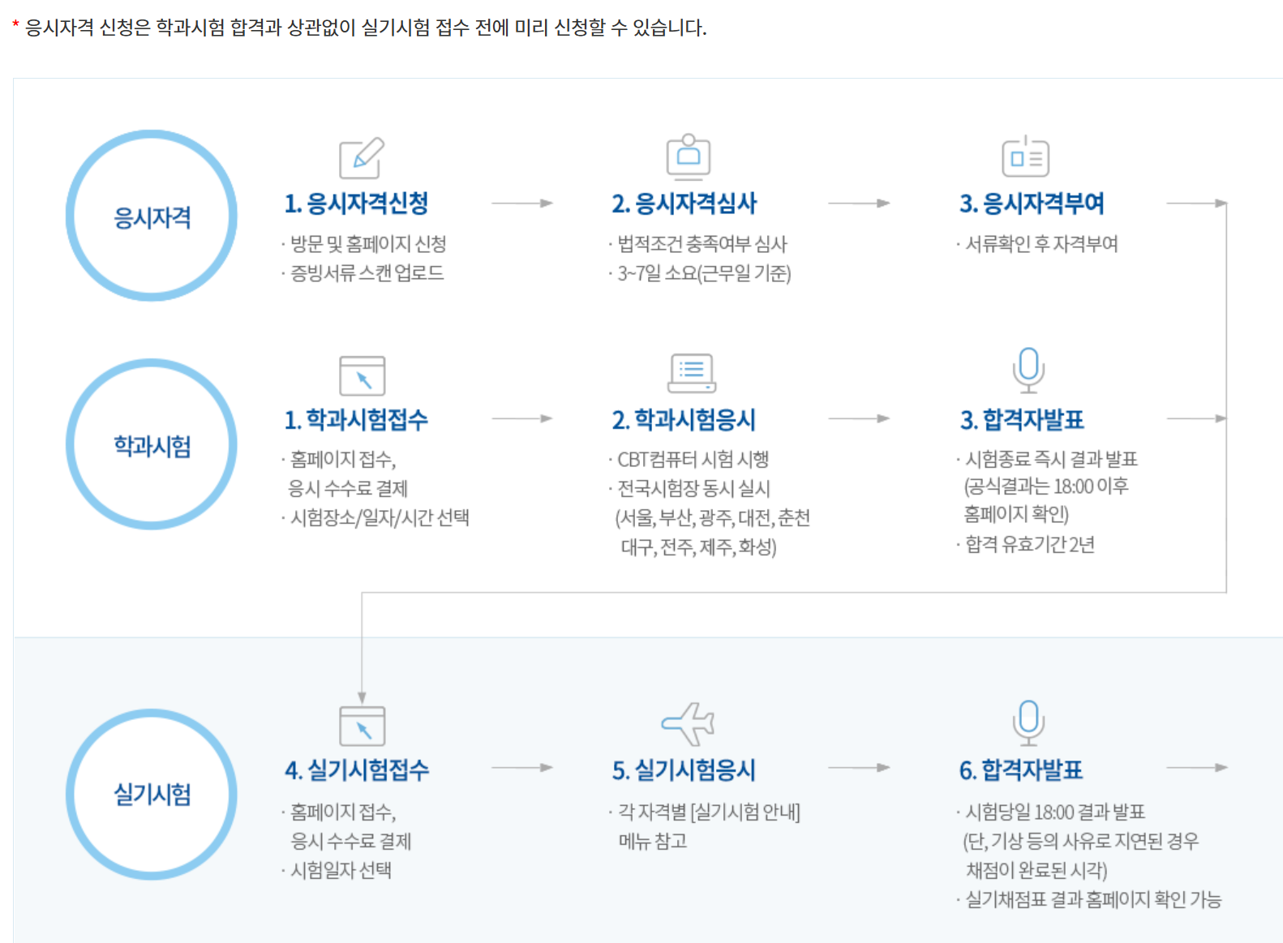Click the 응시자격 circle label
(x=152, y=217)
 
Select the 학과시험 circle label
(x=152, y=445)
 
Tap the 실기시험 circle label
(x=152, y=794)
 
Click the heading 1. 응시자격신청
(x=356, y=204)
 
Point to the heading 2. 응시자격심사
(x=684, y=204)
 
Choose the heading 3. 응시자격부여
(x=1032, y=204)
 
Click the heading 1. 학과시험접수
(x=356, y=420)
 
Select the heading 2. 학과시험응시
(x=684, y=420)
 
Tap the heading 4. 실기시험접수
(x=356, y=769)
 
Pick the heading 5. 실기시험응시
(x=684, y=769)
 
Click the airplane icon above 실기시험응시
(x=688, y=723)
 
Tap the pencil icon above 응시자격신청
(x=362, y=157)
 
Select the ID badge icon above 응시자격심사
(x=689, y=156)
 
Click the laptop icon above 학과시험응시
(x=692, y=373)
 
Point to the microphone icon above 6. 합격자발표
(x=1028, y=722)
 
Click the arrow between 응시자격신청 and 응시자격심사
(x=521, y=203)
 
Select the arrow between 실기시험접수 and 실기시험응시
(x=521, y=767)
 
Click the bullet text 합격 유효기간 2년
(x=1029, y=544)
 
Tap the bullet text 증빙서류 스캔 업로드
(x=367, y=273)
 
